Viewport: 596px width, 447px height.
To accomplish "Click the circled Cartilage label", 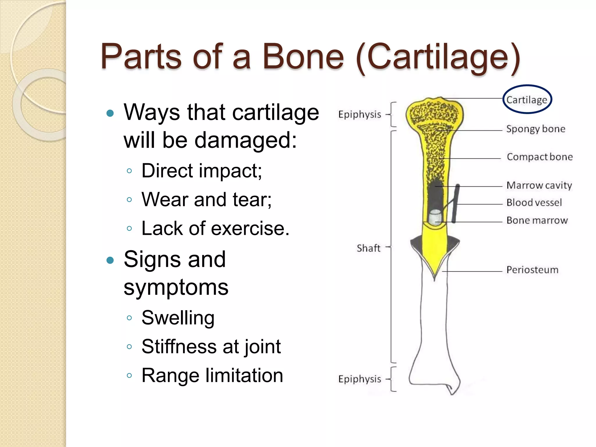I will [x=527, y=100].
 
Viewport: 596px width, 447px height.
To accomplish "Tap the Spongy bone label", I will [x=535, y=129].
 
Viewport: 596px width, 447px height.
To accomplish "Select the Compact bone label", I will [x=540, y=157].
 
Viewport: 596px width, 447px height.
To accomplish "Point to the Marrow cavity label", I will [x=539, y=185].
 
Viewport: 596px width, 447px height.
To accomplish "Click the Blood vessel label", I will [x=534, y=203].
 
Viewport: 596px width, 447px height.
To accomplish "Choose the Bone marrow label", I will [x=537, y=220].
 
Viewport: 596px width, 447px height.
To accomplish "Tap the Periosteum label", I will [x=532, y=270].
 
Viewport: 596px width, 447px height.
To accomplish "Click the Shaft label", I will [x=368, y=248].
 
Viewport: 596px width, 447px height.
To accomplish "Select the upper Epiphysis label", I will [x=359, y=115].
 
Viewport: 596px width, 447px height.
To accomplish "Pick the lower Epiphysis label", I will [x=359, y=379].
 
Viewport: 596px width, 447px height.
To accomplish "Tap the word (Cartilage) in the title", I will [x=438, y=57].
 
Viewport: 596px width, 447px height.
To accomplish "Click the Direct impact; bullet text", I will [x=201, y=171].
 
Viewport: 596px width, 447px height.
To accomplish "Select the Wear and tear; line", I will [x=206, y=200].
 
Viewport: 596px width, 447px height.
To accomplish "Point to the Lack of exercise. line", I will [x=215, y=228].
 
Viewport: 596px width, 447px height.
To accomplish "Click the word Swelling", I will [x=178, y=317].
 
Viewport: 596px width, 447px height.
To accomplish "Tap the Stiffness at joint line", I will [x=211, y=347].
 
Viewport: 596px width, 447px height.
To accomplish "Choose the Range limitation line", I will [x=212, y=375].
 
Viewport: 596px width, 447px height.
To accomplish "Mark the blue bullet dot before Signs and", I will [x=110, y=260].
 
